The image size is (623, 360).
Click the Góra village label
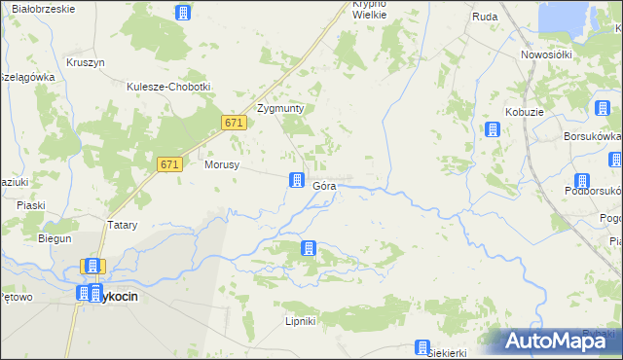[325, 184]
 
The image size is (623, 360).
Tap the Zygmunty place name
[280, 108]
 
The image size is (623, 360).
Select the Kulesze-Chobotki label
[168, 87]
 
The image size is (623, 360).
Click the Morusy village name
[222, 164]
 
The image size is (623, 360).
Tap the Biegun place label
[55, 238]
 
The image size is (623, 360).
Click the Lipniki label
[301, 320]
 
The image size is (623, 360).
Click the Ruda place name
[485, 17]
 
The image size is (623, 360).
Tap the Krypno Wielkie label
[370, 10]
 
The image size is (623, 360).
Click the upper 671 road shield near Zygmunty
[233, 124]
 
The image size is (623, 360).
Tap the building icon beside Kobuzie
[494, 129]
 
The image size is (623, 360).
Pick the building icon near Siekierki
[423, 346]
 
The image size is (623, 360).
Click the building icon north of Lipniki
[309, 248]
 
